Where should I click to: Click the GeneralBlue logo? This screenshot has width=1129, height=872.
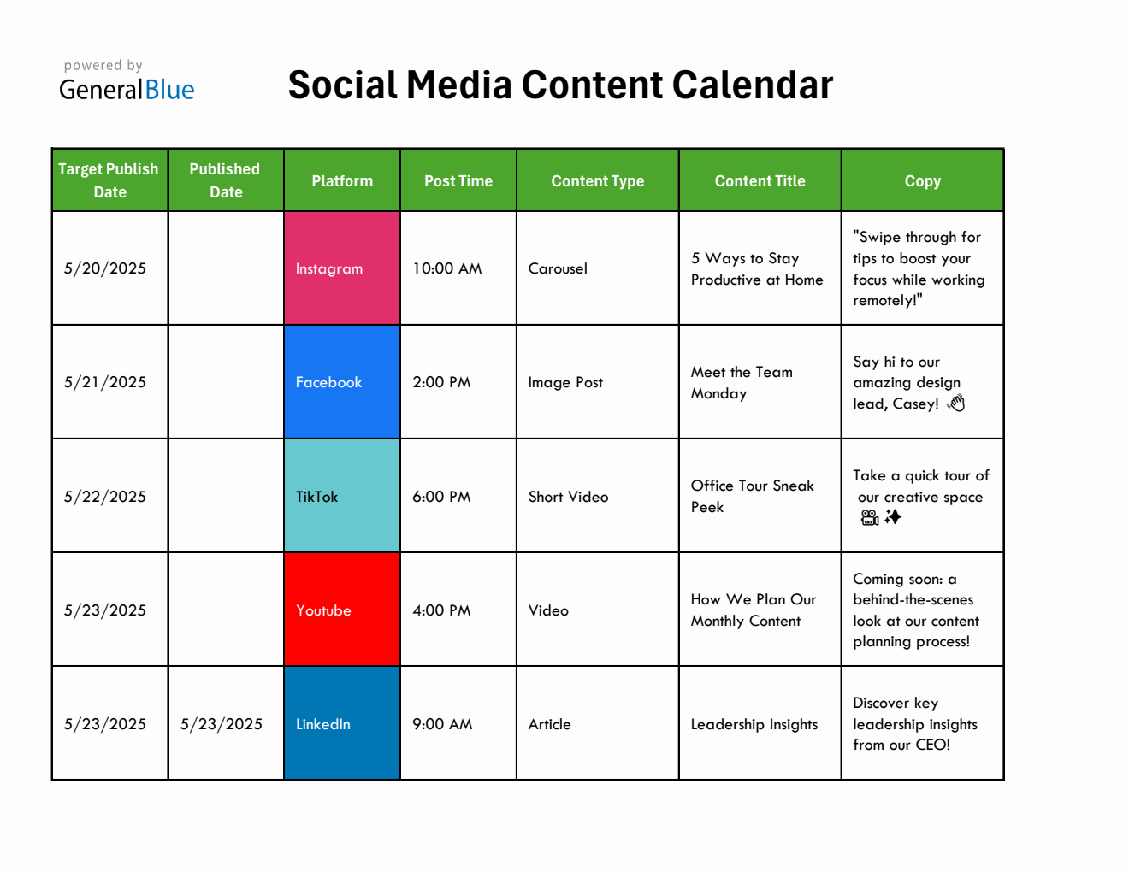click(127, 82)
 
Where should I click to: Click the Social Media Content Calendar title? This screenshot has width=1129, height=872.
click(560, 85)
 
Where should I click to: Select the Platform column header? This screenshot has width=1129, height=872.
click(342, 180)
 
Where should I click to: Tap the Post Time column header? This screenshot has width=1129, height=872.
click(458, 180)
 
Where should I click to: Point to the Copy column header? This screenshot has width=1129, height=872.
click(922, 180)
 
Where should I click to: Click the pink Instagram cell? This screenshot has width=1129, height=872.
click(342, 268)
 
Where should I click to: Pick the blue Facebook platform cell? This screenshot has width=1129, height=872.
click(342, 382)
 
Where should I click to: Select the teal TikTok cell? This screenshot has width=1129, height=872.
click(342, 496)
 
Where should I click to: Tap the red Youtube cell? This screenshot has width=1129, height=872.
click(342, 610)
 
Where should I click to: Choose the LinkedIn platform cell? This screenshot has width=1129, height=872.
click(342, 723)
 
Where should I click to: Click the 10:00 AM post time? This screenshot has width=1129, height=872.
click(447, 268)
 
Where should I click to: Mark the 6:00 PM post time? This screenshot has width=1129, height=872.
click(441, 497)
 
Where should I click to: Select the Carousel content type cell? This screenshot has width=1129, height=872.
click(558, 268)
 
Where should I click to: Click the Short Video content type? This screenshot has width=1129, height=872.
click(568, 497)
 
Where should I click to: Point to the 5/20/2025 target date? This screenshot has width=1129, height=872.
click(105, 268)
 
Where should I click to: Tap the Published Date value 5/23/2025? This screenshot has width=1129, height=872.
click(222, 724)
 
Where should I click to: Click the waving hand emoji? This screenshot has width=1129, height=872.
click(956, 403)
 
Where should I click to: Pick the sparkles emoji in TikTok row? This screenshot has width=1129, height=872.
click(893, 517)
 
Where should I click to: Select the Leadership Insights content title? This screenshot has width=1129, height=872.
click(754, 724)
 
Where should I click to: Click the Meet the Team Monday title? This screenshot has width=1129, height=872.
click(742, 382)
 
